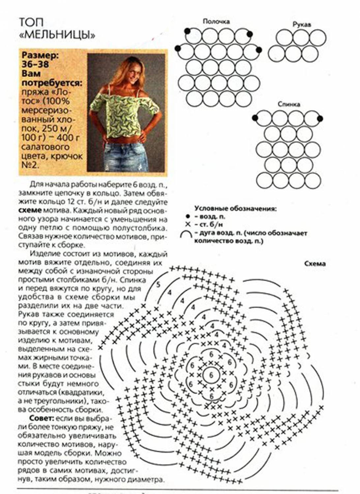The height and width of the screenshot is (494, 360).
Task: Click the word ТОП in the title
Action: (x=31, y=22)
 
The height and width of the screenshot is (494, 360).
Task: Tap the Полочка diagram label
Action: (x=216, y=21)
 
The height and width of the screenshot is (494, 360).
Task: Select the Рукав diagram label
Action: (x=302, y=24)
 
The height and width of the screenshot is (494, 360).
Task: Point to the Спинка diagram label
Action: (x=288, y=104)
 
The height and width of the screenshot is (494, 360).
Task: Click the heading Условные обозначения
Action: (x=235, y=209)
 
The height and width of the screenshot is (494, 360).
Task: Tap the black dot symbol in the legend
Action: (x=188, y=217)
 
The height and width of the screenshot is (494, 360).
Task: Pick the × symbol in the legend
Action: (x=188, y=224)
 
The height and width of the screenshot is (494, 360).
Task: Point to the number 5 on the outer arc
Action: (x=158, y=284)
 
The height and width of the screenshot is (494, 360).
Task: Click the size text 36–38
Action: (x=35, y=64)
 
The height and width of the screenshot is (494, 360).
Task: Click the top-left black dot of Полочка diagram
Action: (x=187, y=31)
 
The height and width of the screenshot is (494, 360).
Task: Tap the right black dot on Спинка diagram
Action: (x=319, y=119)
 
